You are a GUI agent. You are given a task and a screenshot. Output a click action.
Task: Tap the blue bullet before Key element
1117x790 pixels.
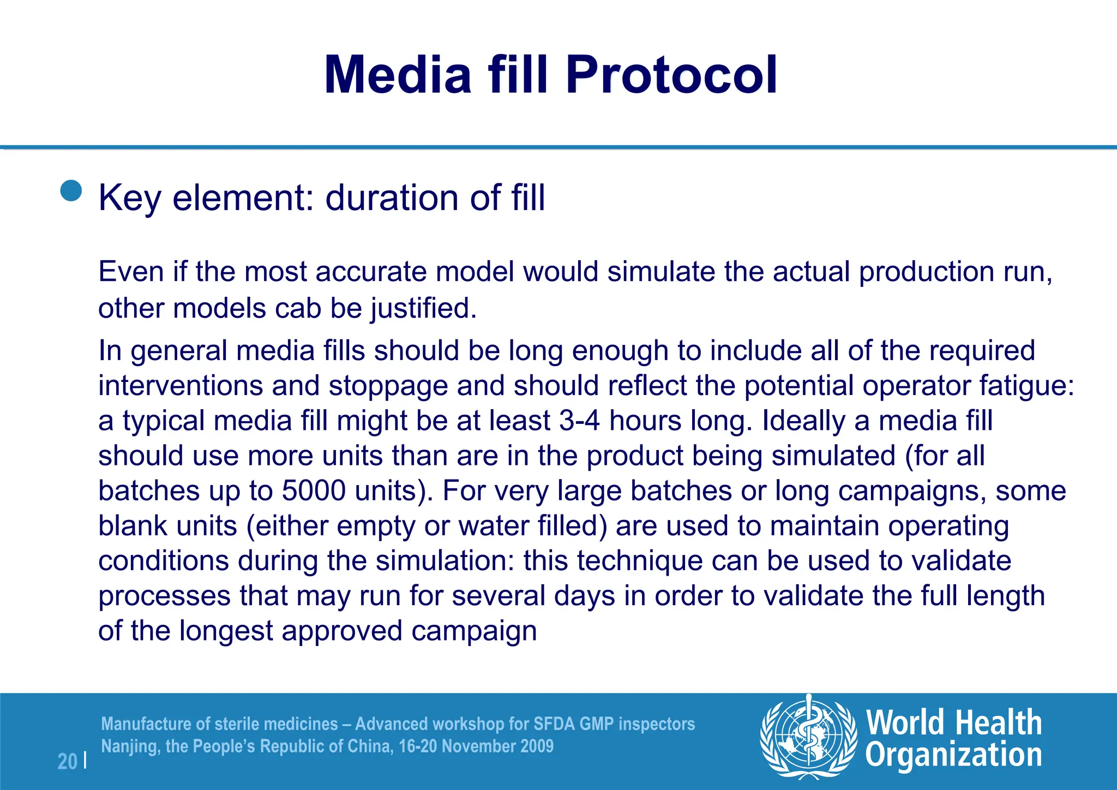pos(71,191)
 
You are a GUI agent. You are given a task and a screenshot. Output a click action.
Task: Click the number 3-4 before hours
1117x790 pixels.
pos(579,421)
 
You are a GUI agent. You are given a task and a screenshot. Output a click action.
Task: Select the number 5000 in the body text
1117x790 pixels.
pos(314,491)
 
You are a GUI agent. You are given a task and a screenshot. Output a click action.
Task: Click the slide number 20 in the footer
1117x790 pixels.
pos(67,761)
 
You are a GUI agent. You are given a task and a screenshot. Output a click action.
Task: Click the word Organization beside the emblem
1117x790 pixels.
pos(953,756)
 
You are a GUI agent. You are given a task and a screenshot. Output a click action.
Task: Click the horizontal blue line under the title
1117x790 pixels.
pos(558,147)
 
